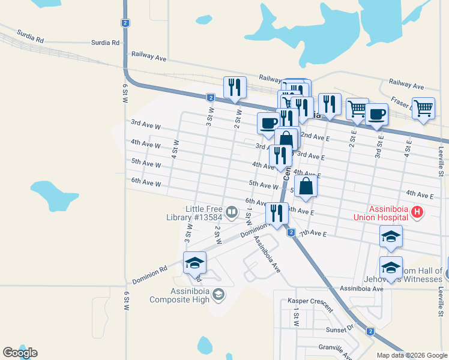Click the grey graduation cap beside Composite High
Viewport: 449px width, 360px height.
218,293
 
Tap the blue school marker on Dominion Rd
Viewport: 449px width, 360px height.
194,263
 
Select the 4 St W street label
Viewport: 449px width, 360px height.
175,148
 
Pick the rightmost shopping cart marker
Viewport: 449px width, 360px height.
423,109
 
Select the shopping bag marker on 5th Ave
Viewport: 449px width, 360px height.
306,187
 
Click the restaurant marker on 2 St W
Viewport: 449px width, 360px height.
235,88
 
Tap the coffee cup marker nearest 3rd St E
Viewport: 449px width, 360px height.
376,114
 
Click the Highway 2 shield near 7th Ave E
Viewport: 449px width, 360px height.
291,233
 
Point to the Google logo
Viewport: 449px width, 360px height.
20,353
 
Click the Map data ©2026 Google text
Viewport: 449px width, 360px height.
412,355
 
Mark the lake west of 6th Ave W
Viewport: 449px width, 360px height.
54,196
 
